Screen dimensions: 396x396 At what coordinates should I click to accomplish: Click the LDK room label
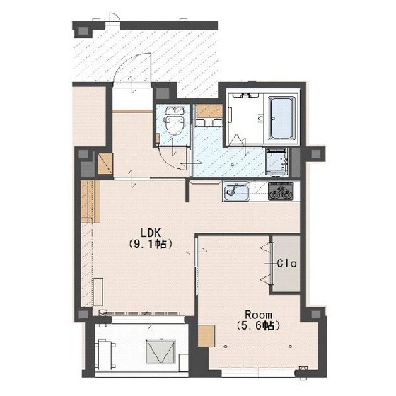click(151, 233)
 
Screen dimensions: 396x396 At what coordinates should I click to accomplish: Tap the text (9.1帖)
click(151, 244)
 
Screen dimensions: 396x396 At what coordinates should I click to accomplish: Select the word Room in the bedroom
click(259, 315)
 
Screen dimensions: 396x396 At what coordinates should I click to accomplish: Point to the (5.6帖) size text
click(259, 326)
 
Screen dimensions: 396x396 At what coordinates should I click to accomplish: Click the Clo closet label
click(286, 263)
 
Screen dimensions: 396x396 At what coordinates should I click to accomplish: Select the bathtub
click(281, 118)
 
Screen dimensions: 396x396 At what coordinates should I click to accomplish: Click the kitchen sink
click(236, 192)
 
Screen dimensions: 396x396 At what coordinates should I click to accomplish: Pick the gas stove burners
click(281, 192)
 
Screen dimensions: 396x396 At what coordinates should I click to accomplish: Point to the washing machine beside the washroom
click(277, 162)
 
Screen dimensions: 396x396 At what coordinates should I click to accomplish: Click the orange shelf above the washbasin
click(209, 111)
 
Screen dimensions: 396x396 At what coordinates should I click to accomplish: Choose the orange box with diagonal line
click(105, 164)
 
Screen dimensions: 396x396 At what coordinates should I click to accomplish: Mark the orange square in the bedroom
click(206, 336)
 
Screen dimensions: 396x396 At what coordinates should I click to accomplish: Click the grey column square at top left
click(84, 31)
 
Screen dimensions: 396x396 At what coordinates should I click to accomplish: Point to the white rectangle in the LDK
click(98, 292)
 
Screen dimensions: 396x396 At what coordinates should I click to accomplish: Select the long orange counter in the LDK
click(91, 202)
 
